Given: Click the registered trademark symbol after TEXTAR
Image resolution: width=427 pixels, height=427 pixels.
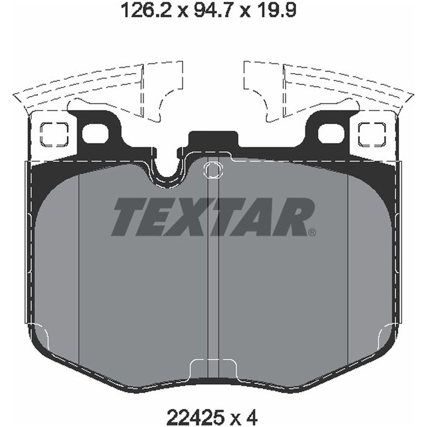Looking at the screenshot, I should (x=312, y=232).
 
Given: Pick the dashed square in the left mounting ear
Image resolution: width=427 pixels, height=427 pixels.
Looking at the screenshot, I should (x=54, y=133).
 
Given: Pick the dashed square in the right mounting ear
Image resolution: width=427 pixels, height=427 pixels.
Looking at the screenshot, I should (x=372, y=133).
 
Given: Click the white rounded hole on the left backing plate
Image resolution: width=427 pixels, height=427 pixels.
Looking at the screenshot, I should (x=95, y=133).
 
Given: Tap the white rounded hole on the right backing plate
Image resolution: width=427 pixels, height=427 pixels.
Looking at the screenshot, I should (x=331, y=133).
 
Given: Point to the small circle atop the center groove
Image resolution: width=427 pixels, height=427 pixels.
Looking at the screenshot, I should (x=212, y=170).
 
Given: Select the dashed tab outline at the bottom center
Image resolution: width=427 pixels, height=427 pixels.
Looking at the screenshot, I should (x=213, y=368).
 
